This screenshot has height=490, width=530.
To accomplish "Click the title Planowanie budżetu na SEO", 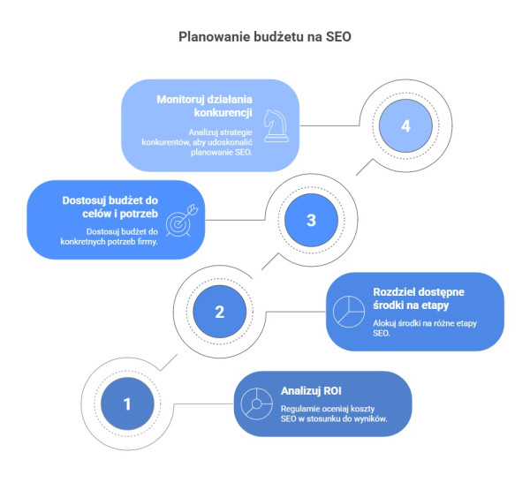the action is (265, 37).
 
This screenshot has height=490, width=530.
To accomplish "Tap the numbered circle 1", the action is (127, 403).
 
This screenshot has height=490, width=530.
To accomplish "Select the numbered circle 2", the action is (220, 312).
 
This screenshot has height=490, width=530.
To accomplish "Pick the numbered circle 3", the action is (311, 220).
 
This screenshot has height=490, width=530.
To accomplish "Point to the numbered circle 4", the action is (405, 125).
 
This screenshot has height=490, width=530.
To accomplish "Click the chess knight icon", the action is (276, 125).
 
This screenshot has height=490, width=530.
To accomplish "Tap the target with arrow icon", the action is (182, 221).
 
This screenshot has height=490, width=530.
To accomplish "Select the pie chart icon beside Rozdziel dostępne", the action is (349, 312).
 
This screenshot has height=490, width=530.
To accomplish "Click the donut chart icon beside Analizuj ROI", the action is (256, 403).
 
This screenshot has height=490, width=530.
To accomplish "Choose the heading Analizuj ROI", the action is (311, 391).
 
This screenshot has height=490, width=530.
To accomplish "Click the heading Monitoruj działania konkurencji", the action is (205, 106).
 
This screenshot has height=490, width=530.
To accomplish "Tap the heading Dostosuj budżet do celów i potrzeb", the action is (110, 207).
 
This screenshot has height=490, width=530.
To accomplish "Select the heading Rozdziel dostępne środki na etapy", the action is (419, 298).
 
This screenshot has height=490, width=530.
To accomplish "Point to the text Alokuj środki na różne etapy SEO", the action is (425, 328).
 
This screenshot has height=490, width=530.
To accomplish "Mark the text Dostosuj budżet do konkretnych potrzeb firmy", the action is (110, 237).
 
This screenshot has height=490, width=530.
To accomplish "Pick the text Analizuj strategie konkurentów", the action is (197, 137).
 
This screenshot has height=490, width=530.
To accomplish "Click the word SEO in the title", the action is (338, 37).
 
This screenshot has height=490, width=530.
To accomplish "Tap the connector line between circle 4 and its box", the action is (329, 125).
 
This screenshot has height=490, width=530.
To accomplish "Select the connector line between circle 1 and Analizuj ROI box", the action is (204, 403).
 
